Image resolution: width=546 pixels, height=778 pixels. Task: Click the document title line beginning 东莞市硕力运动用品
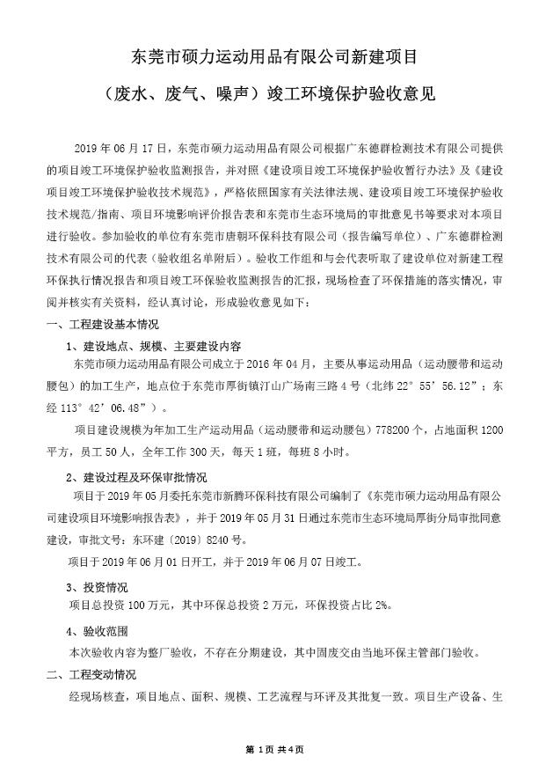tap(273, 57)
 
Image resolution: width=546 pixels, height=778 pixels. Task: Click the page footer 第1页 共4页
tap(273, 750)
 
